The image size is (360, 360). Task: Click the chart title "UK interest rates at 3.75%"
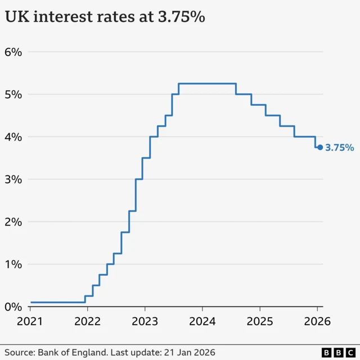tap(105, 17)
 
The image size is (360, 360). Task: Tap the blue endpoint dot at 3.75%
tap(320, 147)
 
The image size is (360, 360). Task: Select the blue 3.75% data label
tap(340, 148)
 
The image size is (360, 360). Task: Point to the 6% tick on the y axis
tap(13, 52)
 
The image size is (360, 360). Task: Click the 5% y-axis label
tap(13, 94)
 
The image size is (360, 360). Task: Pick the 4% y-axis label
tap(13, 137)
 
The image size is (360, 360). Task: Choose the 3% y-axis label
tap(13, 179)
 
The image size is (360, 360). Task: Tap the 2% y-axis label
tap(13, 222)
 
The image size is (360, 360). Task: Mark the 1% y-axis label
tap(13, 264)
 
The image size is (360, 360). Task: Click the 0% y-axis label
tap(13, 307)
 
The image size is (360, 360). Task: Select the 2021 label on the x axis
tap(30, 322)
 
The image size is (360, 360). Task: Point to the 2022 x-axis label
tap(87, 322)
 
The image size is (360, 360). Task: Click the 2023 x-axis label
tap(145, 322)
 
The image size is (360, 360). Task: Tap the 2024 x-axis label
tap(202, 322)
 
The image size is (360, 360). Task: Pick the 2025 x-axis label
tap(259, 322)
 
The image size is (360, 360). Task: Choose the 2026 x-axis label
tap(317, 322)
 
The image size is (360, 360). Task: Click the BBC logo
tap(337, 352)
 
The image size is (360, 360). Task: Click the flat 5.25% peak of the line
tap(207, 84)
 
